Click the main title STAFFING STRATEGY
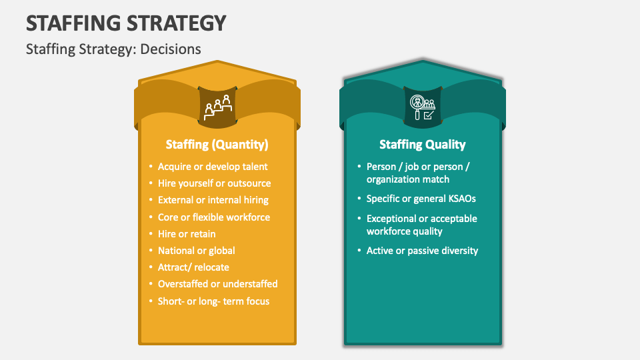(126, 23)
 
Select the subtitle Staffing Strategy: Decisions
(113, 49)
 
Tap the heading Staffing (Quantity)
(217, 145)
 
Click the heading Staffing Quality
(423, 145)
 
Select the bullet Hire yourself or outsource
(214, 183)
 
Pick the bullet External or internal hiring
(213, 200)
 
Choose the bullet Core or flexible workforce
(214, 217)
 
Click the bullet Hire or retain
(187, 234)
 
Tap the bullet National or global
(196, 251)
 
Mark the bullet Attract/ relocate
(193, 267)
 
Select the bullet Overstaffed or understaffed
(217, 284)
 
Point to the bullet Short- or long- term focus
(213, 301)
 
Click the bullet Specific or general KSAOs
(421, 199)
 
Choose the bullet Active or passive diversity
(422, 251)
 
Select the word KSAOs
(461, 199)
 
